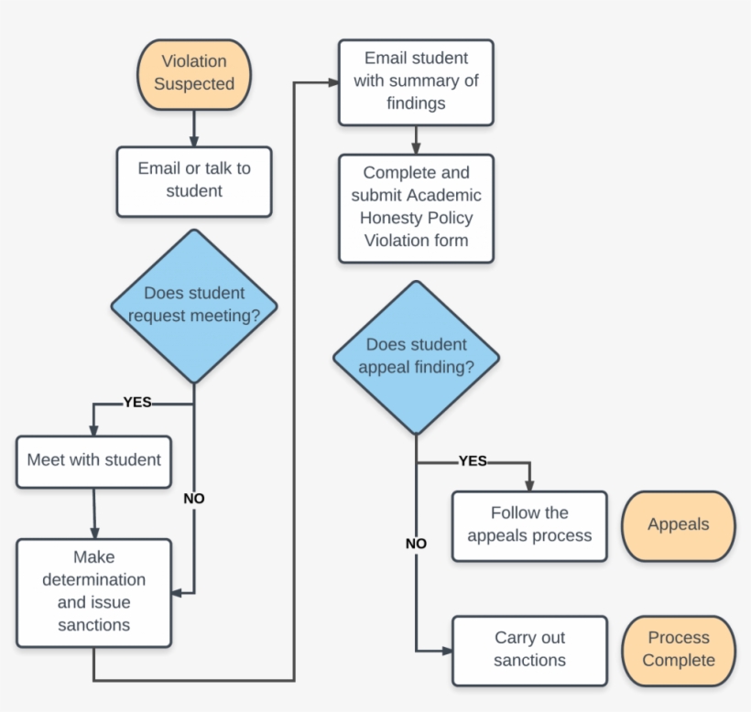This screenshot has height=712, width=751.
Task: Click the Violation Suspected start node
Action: (193, 73)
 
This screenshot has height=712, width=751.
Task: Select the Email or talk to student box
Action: (194, 180)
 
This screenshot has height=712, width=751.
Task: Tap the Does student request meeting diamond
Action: (194, 306)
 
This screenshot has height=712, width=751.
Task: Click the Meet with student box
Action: (93, 460)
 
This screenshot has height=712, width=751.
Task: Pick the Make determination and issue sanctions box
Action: (93, 591)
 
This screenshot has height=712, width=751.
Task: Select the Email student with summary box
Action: (416, 81)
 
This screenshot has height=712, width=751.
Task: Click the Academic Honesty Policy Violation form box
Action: (416, 208)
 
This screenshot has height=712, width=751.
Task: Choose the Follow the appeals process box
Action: (529, 525)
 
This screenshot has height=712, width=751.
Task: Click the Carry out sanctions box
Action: (529, 650)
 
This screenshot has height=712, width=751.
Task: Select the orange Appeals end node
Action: (678, 525)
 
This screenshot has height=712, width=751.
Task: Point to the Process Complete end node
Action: (678, 650)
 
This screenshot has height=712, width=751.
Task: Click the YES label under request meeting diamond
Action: (137, 402)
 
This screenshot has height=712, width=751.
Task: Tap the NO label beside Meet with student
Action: (194, 499)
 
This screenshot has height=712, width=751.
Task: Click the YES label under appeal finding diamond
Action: (473, 461)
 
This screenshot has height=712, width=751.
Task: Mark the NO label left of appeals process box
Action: (416, 544)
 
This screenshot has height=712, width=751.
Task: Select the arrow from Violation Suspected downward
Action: (194, 127)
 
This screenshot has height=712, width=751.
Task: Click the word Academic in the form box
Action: (444, 195)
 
